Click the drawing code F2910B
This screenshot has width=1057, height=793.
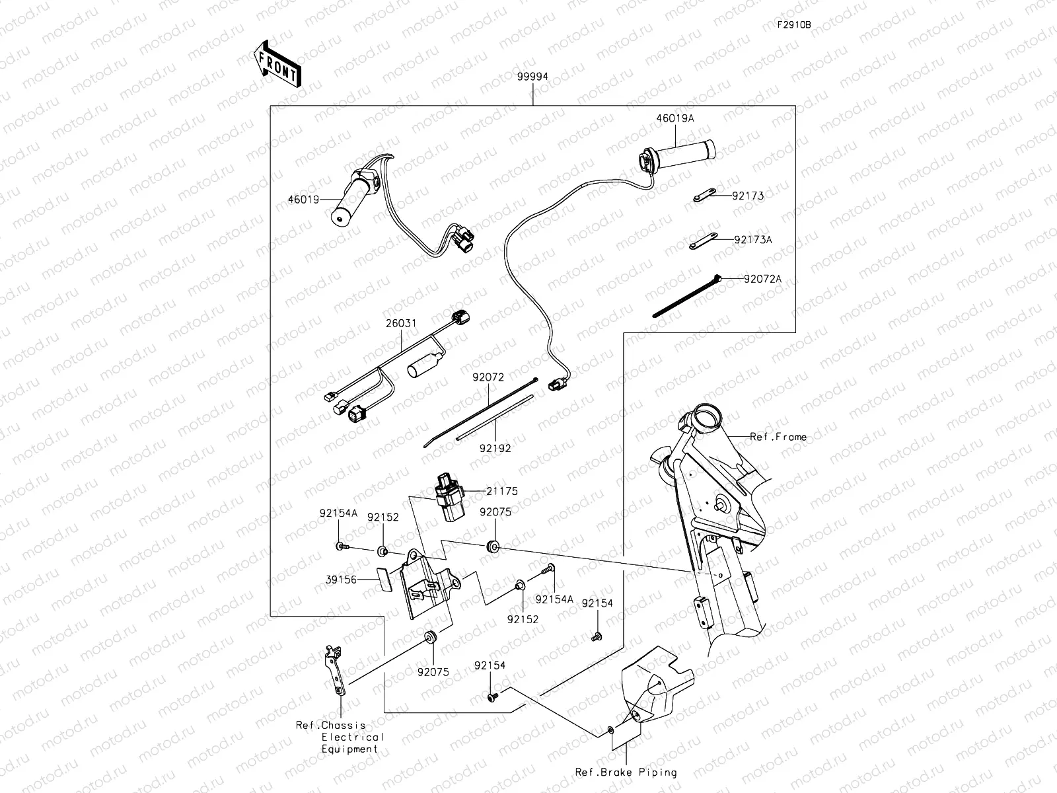click(x=793, y=25)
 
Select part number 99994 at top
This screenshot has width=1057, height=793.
click(x=532, y=77)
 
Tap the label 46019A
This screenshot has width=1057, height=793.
click(x=674, y=119)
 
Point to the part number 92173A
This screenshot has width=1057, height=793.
click(x=752, y=240)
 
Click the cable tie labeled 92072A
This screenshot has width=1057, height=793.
click(x=687, y=295)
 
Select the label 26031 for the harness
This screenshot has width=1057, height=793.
click(x=400, y=324)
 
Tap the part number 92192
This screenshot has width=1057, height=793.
click(x=495, y=448)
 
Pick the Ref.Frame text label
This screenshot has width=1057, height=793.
click(x=778, y=437)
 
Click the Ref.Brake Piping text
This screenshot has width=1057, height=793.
click(x=626, y=772)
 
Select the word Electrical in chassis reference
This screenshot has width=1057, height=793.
click(x=351, y=737)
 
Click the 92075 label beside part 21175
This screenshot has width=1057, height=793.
click(x=495, y=511)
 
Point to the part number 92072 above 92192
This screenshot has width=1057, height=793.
click(x=488, y=377)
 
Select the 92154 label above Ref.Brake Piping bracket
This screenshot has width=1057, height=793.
click(x=490, y=665)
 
